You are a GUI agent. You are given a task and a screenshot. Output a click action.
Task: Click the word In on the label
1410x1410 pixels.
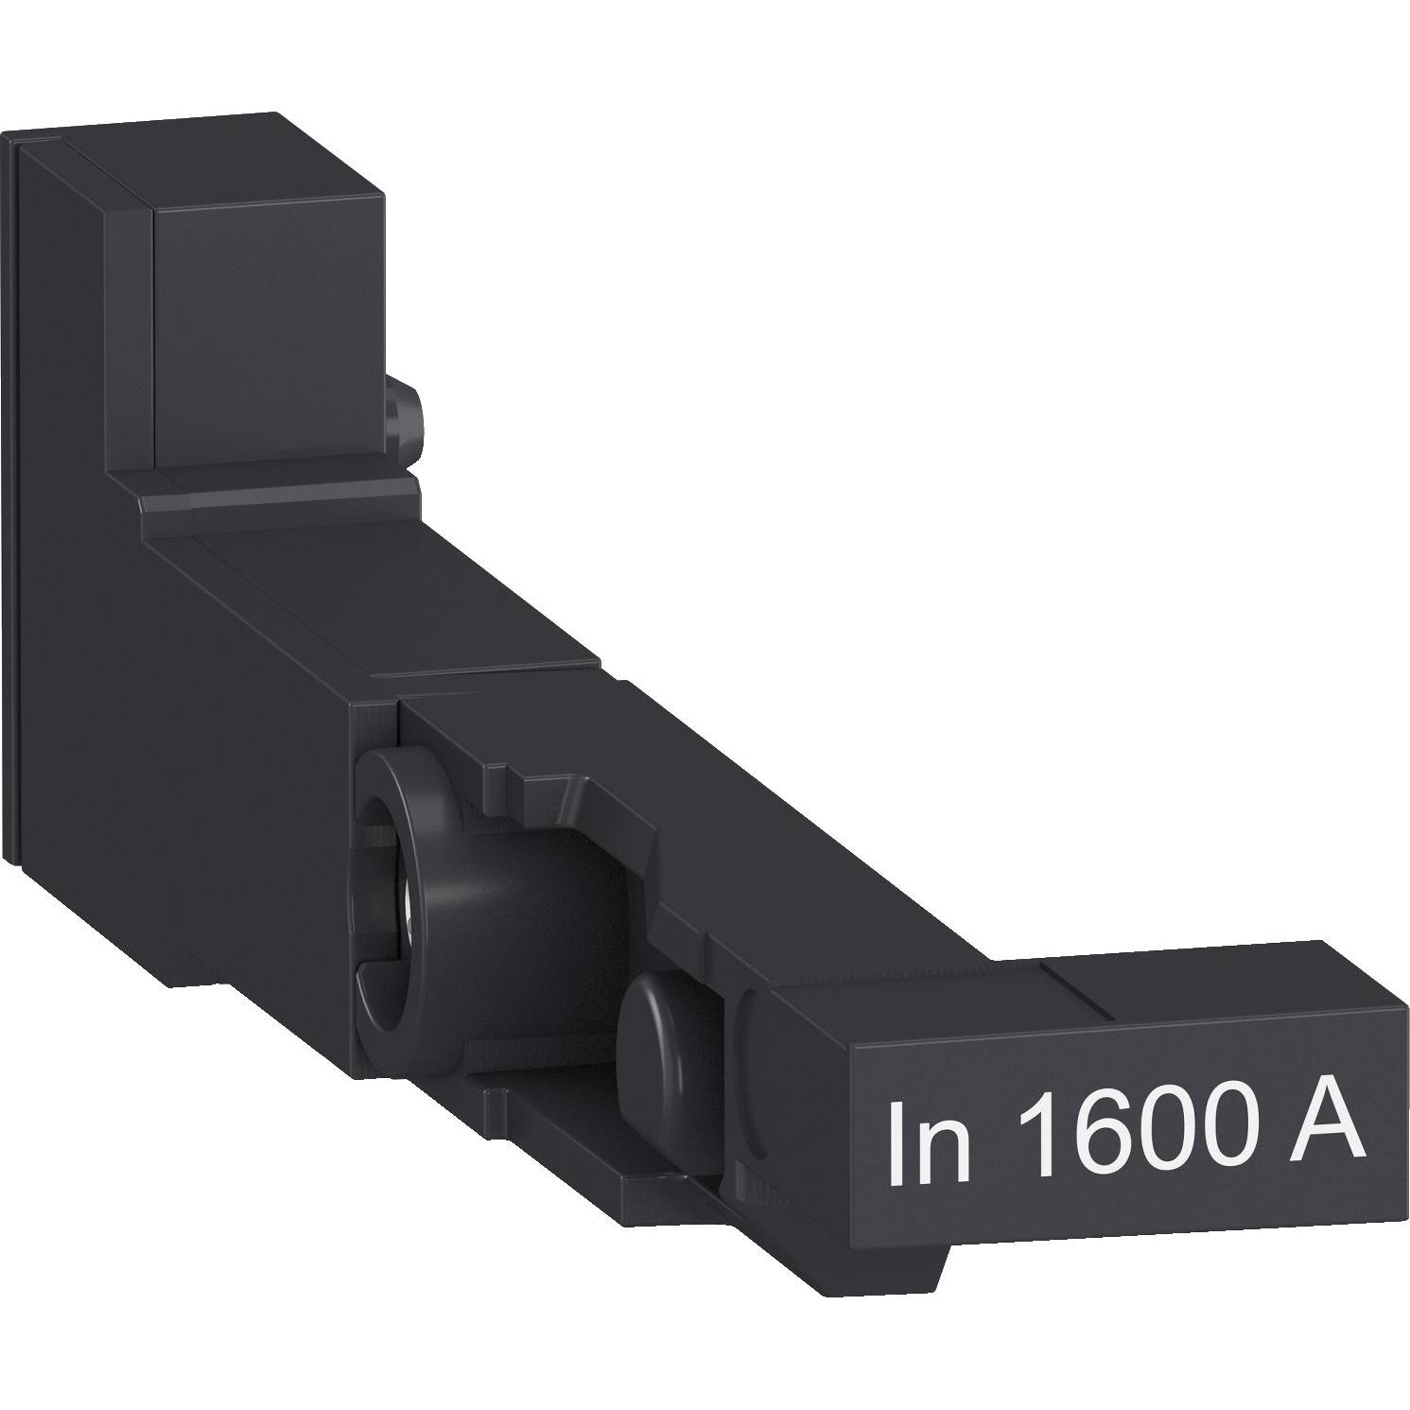click(x=929, y=1139)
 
